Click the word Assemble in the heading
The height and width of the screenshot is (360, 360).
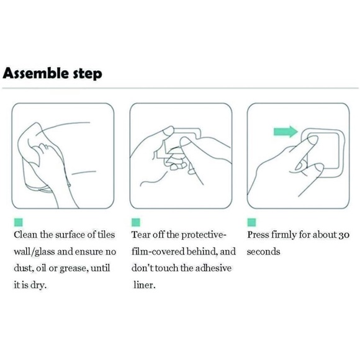[x=35, y=73]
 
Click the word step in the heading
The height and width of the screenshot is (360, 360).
[x=88, y=74]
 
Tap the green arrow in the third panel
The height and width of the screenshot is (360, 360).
[x=286, y=132]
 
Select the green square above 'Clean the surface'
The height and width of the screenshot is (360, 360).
[x=19, y=222]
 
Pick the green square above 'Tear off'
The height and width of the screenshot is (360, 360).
[x=136, y=222]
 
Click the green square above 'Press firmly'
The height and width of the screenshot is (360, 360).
[x=251, y=222]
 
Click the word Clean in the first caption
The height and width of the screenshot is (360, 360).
[x=25, y=235]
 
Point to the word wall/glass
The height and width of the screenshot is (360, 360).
[x=34, y=252]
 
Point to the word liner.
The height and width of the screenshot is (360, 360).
[x=145, y=285]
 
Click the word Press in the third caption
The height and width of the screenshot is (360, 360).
[x=258, y=235]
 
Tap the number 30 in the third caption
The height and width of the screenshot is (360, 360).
[x=344, y=235]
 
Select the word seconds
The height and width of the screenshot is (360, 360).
[x=264, y=252]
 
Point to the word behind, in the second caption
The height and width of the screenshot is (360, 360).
[x=202, y=251]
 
